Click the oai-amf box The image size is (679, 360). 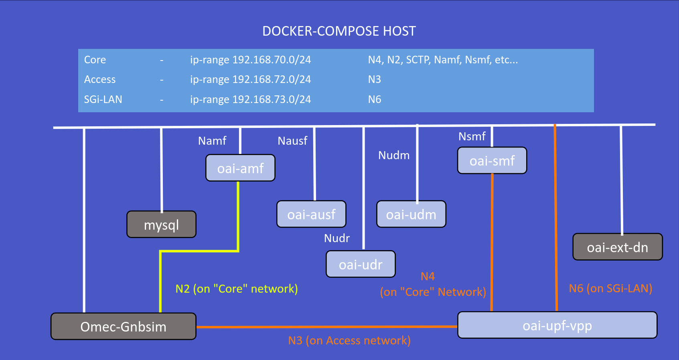[x=240, y=168]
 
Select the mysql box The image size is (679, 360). [x=161, y=224]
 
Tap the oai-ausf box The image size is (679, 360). [x=311, y=214]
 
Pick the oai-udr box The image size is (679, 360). [x=361, y=265]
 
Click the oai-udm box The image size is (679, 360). [x=411, y=214]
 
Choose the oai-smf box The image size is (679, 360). [x=492, y=161]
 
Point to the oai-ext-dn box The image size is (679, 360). [x=617, y=247]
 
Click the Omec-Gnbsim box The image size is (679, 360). [x=123, y=326]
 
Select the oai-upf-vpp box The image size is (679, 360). [x=557, y=326]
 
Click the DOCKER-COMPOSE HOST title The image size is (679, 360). [x=339, y=31]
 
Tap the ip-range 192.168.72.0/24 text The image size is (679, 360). [x=250, y=79]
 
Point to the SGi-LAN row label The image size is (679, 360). [x=103, y=99]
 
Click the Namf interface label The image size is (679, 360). [x=212, y=141]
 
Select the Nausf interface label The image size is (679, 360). [x=292, y=141]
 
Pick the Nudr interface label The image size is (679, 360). [x=337, y=238]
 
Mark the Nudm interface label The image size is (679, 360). [x=394, y=155]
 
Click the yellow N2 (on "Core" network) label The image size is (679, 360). [x=237, y=289]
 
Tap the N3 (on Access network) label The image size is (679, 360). [x=349, y=340]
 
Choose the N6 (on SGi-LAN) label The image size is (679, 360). [x=610, y=288]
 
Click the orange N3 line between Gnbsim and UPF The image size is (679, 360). [x=327, y=327]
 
